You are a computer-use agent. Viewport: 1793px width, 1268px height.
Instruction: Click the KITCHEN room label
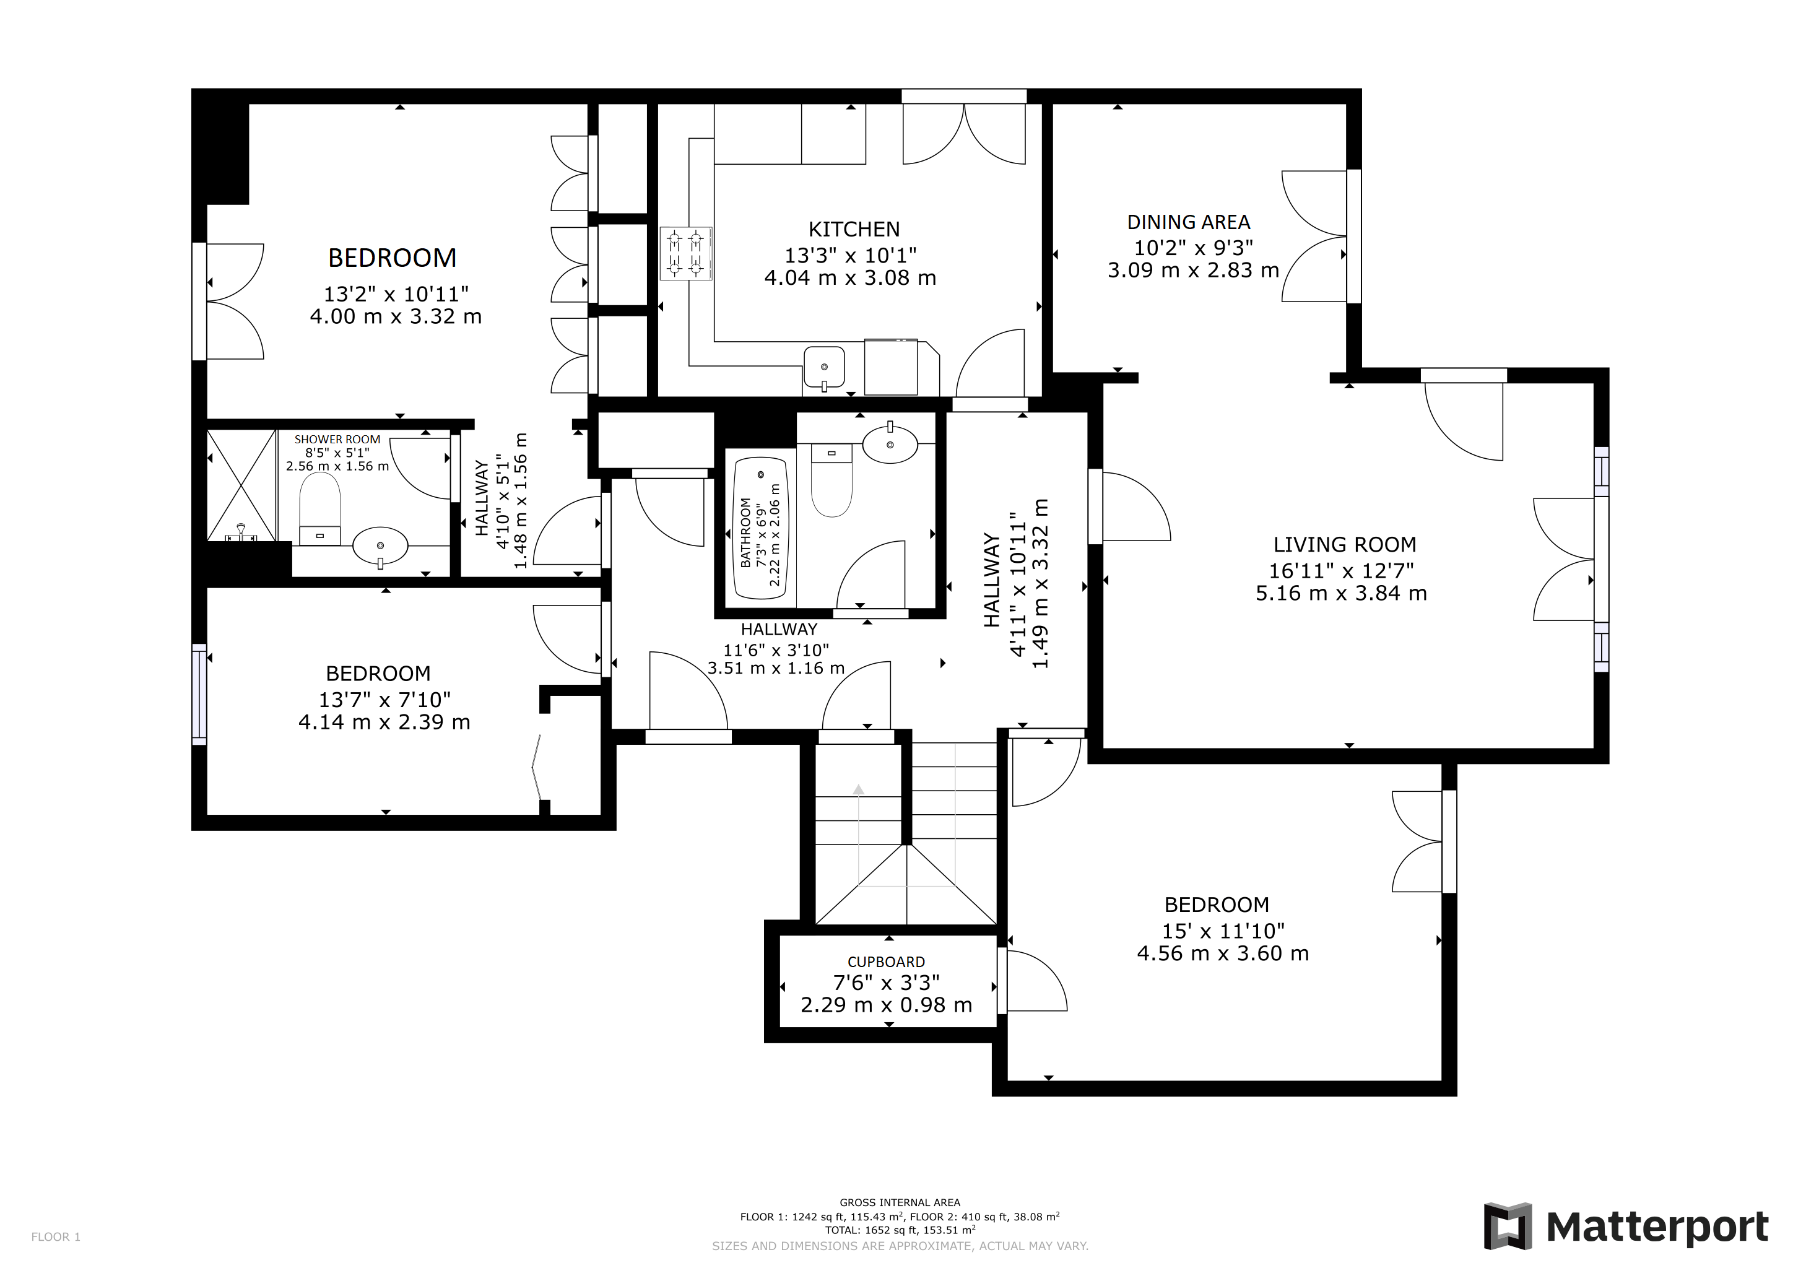[x=854, y=230]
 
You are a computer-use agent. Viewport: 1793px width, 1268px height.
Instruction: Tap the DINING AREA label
[x=1189, y=222]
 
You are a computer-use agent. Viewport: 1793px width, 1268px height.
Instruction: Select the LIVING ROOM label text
[x=1344, y=545]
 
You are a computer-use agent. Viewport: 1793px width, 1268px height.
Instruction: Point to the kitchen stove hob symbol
[x=685, y=253]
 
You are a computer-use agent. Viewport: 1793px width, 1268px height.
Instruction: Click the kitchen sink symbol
[x=824, y=367]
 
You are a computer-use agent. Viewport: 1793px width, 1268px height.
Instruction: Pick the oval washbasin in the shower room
[x=380, y=545]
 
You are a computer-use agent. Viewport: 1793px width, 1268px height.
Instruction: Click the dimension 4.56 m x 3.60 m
[x=1222, y=954]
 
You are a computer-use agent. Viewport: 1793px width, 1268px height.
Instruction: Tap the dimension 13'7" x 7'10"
[x=384, y=700]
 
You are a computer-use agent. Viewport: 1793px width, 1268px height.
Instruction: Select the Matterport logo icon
[x=1507, y=1227]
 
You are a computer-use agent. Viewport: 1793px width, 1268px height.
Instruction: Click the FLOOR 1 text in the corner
[x=56, y=1237]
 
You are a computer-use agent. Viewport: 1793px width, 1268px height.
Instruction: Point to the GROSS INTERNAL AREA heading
[x=900, y=1203]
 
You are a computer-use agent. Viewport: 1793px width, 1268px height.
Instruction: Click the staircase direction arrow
[x=858, y=790]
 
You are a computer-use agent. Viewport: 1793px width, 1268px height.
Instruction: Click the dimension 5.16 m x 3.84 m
[x=1341, y=593]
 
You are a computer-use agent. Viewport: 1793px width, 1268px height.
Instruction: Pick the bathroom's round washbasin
[x=890, y=445]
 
